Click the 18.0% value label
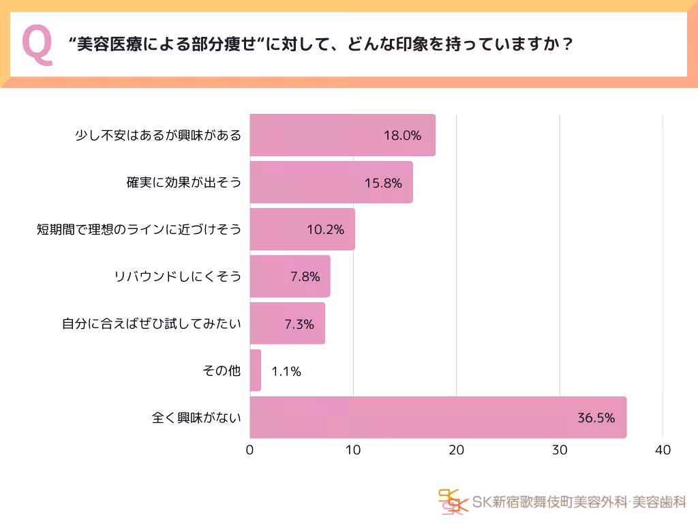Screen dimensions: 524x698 point(402,135)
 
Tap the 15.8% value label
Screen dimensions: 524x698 point(383,183)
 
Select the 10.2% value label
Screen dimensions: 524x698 point(325,229)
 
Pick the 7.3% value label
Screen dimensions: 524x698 point(299,324)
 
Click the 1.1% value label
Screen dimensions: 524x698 point(286,372)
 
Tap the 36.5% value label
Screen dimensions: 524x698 point(596,418)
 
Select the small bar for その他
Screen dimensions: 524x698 point(256,370)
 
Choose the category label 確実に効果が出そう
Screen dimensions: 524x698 point(184,183)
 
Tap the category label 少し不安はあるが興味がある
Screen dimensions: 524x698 point(157,135)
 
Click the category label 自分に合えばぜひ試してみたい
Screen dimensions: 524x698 point(152,324)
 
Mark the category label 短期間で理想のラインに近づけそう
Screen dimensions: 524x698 point(139,230)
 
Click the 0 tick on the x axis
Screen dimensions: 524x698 point(250,450)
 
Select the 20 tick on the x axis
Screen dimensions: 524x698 point(456,450)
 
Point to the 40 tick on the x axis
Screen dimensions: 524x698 point(663,450)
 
